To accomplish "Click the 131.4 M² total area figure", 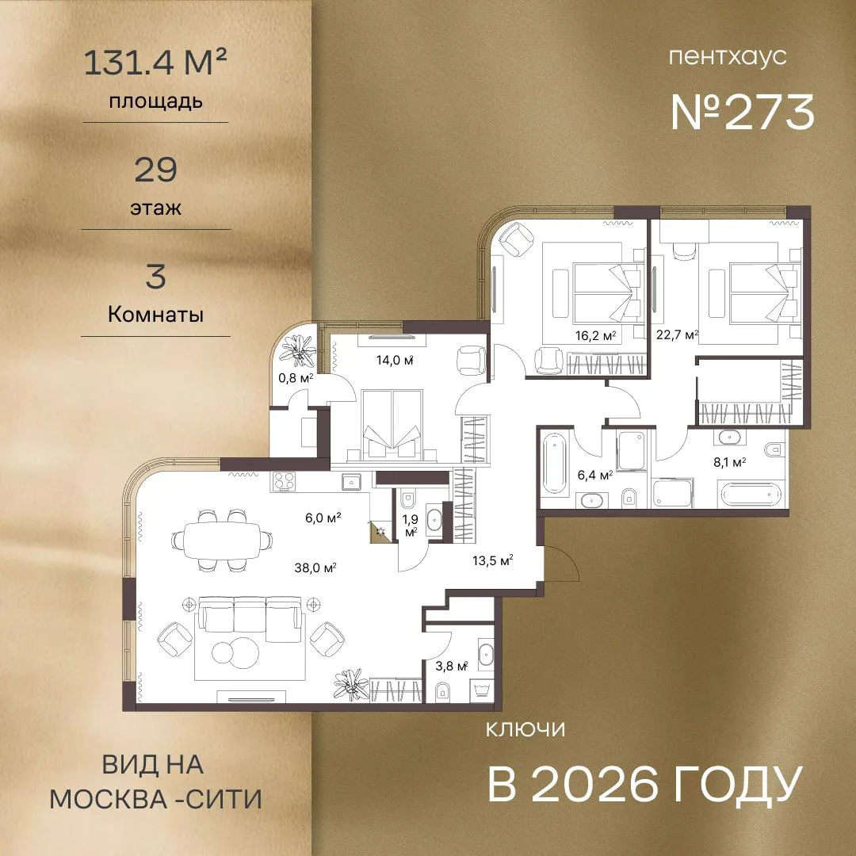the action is click(x=155, y=62).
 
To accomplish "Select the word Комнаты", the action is click(x=155, y=315).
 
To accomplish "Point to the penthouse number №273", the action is click(x=743, y=112).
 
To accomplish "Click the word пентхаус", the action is click(x=728, y=57).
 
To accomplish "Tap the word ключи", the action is click(x=525, y=729).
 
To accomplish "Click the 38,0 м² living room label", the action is click(x=315, y=568).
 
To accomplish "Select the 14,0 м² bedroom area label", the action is click(x=394, y=360).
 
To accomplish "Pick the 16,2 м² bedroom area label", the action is click(x=595, y=335).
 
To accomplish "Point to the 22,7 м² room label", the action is click(x=677, y=334).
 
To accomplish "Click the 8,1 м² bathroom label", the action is click(x=730, y=462).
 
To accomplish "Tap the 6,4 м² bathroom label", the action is click(x=594, y=476).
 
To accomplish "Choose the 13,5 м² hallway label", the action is click(x=492, y=560).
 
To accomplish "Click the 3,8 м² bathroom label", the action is click(x=452, y=666).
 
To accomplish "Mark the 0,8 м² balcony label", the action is click(x=296, y=377).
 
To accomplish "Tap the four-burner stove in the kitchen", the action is click(x=284, y=482).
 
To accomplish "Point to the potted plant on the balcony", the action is click(x=297, y=348).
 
